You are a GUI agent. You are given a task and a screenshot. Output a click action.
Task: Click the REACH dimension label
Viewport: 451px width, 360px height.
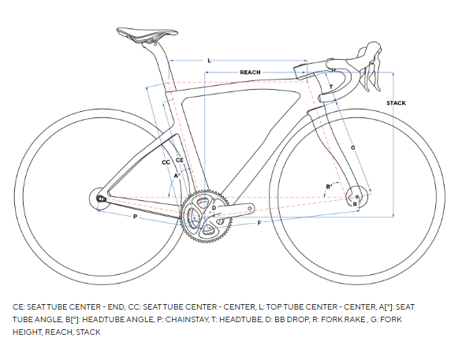[250, 72]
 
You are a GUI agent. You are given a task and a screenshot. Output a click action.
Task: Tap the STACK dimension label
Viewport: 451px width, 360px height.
[396, 103]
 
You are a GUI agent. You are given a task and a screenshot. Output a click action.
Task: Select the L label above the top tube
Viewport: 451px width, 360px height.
[210, 61]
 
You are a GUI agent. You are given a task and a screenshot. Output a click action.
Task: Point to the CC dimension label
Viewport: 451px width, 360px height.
[166, 162]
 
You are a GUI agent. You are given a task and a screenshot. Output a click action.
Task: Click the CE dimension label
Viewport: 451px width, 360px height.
[180, 160]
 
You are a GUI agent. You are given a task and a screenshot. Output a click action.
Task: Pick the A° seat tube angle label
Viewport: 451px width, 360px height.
[177, 175]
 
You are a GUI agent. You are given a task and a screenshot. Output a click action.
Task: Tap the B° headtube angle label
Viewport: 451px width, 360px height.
[329, 187]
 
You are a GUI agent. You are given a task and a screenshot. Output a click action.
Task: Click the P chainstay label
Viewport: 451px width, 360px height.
[135, 217]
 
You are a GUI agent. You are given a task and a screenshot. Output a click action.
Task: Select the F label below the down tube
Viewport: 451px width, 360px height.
[259, 223]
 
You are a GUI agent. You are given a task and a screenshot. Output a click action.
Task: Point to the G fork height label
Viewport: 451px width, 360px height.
[353, 147]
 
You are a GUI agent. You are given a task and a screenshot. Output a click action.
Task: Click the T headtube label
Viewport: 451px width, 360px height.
[331, 87]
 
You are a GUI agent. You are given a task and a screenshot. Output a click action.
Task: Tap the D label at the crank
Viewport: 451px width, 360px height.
[214, 208]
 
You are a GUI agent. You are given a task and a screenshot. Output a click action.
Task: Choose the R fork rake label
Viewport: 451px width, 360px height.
[355, 204]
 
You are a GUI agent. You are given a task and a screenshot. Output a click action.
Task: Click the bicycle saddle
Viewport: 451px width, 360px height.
[147, 34]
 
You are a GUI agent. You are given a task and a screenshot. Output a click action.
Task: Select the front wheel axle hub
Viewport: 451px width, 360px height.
[356, 197]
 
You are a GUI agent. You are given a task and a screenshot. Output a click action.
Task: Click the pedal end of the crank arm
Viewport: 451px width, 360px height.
[250, 208]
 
